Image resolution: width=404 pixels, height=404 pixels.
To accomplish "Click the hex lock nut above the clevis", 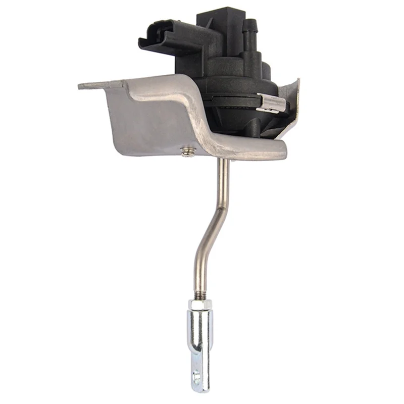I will pyautogui.click(x=200, y=305).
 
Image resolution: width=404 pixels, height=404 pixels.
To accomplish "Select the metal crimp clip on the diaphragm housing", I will pyautogui.click(x=271, y=103).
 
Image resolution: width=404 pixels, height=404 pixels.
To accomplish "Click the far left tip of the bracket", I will pyautogui.click(x=81, y=86).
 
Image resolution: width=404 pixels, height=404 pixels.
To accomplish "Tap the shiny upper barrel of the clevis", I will pyautogui.click(x=200, y=326).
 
